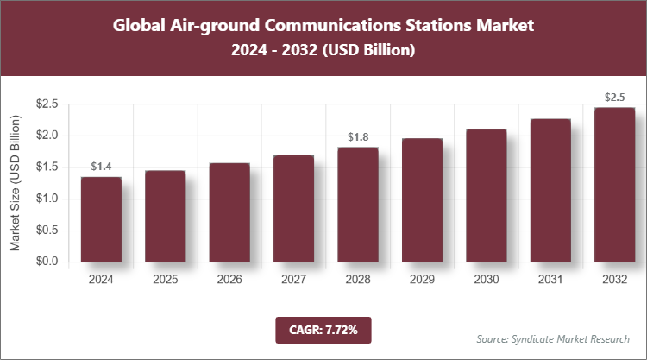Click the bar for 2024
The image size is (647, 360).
pos(101,219)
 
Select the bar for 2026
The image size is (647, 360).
pos(229,212)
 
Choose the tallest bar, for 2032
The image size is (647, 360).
pos(614,185)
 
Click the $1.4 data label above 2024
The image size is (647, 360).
pos(101,167)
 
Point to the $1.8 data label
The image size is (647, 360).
pos(357,137)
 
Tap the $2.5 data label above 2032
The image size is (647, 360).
pos(614,97)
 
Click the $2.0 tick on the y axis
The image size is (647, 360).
pos(45,136)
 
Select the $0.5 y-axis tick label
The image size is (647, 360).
pos(45,231)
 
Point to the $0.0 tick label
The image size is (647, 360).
pos(45,262)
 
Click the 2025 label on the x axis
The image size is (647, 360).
pos(165,280)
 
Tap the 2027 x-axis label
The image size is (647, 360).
pos(293,280)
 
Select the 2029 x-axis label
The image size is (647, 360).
pos(422,280)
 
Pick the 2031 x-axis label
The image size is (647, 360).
pos(550,280)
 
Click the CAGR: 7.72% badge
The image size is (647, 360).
pos(323,329)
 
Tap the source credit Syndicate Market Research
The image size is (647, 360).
pos(552,338)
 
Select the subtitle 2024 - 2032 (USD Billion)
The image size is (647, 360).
pos(323,51)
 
